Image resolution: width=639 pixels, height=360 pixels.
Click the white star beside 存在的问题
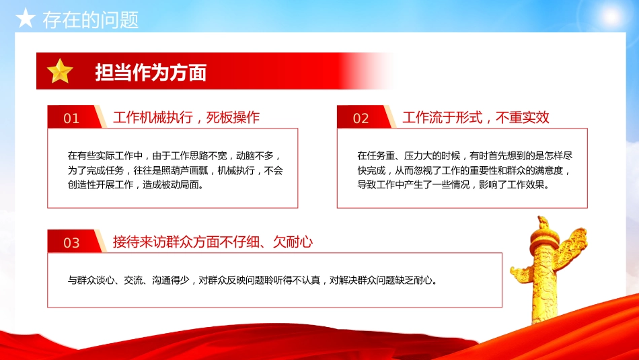pyautogui.click(x=26, y=20)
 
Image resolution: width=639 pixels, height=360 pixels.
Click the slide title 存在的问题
pyautogui.click(x=90, y=20)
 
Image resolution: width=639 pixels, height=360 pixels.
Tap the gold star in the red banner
pyautogui.click(x=60, y=71)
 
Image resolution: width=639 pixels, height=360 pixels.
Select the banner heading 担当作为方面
pyautogui.click(x=151, y=72)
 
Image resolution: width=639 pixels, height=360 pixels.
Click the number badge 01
pyautogui.click(x=71, y=118)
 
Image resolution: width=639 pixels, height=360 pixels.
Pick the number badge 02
pyautogui.click(x=361, y=118)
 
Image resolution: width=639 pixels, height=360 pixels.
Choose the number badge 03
pyautogui.click(x=71, y=243)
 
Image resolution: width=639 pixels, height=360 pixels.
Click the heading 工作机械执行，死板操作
pyautogui.click(x=186, y=117)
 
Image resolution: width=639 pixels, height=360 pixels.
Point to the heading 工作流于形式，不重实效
pyautogui.click(x=476, y=117)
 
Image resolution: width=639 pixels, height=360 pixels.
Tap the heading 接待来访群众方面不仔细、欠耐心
pyautogui.click(x=213, y=242)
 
